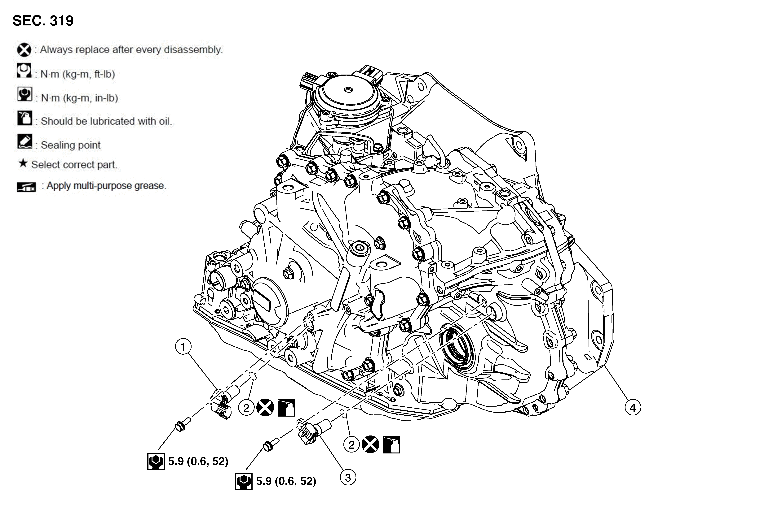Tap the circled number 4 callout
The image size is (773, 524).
(x=633, y=407)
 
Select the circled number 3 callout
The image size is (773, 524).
(x=348, y=478)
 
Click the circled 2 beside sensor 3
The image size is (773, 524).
(x=351, y=445)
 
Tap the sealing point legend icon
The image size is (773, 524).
(x=25, y=141)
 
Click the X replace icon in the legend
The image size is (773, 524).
(x=24, y=50)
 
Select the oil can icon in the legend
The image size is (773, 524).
(x=25, y=118)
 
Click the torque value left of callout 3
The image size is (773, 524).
(x=286, y=481)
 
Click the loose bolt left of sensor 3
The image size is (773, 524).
(x=269, y=445)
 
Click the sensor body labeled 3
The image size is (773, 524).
(x=311, y=432)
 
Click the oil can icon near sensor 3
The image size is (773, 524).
(x=391, y=445)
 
